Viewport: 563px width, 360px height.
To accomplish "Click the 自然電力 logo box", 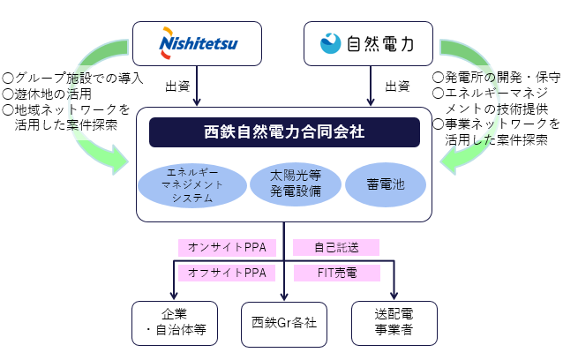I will click(368, 42).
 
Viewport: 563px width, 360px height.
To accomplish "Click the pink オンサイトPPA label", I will click(228, 246).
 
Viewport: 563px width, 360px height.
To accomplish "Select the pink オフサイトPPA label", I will click(228, 273).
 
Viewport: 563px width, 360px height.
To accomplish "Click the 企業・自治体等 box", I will click(174, 323).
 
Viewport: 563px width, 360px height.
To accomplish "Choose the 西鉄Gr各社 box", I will click(284, 323).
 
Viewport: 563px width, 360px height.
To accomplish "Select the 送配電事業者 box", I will click(394, 323).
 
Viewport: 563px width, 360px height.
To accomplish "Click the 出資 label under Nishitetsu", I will click(177, 86).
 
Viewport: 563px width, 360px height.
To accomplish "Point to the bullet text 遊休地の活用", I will click(48, 94).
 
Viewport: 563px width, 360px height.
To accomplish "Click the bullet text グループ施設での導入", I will click(72, 78).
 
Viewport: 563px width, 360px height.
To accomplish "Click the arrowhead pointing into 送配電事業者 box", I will click(394, 296).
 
